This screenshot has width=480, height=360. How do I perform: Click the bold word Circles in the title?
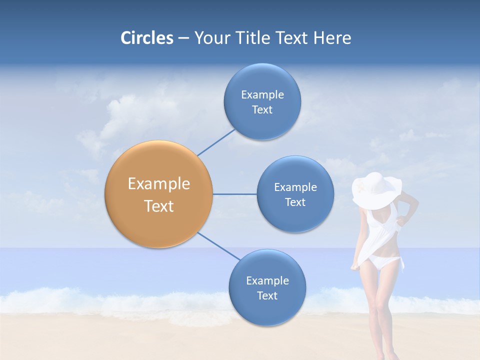click(146, 38)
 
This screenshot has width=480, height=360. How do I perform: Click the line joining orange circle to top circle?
click(216, 142)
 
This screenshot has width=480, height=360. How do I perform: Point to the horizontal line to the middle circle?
click(234, 194)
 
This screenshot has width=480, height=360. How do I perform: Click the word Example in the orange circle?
click(158, 184)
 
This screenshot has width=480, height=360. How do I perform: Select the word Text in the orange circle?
click(158, 206)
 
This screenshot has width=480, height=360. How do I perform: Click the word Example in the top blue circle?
click(262, 95)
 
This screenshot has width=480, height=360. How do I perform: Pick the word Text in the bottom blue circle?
click(267, 295)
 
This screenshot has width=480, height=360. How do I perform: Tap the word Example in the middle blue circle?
click(295, 187)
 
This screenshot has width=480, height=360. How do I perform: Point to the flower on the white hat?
click(361, 186)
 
